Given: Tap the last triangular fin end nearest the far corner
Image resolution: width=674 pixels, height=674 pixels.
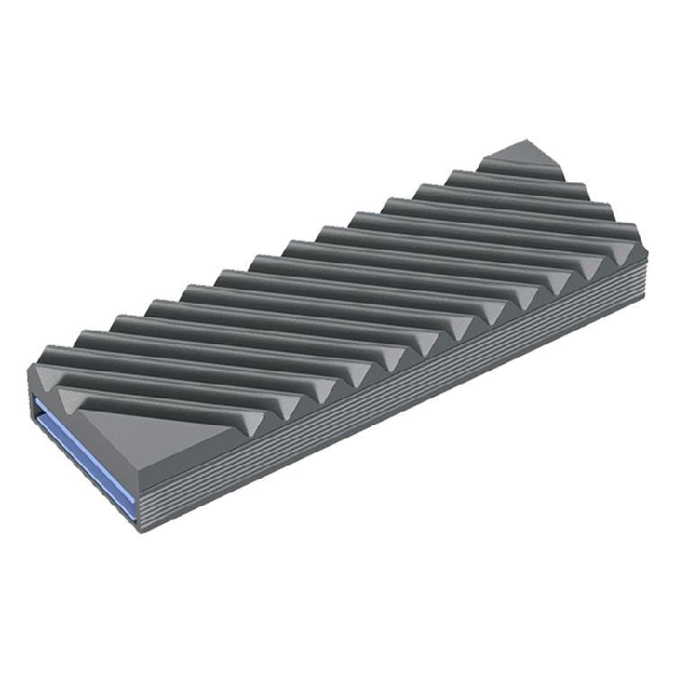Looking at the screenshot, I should click(626, 243).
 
